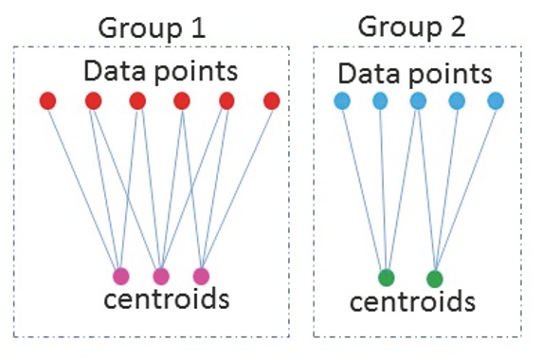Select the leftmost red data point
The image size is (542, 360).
click(x=48, y=100)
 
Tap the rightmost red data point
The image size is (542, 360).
click(x=272, y=100)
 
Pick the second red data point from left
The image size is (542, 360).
click(x=93, y=100)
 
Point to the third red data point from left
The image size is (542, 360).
click(x=137, y=100)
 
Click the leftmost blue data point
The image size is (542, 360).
click(x=342, y=100)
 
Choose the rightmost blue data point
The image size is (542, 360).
click(x=496, y=100)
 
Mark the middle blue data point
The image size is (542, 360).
click(x=419, y=100)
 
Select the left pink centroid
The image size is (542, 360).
click(x=120, y=277)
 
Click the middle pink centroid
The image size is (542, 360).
click(x=161, y=277)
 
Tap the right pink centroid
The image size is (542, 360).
click(x=201, y=277)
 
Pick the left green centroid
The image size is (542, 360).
click(x=386, y=278)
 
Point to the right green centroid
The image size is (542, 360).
click(x=435, y=279)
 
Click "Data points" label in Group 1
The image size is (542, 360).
click(x=159, y=71)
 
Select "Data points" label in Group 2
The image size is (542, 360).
click(x=415, y=73)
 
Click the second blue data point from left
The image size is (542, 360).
click(x=380, y=100)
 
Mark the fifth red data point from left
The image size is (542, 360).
click(x=226, y=100)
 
